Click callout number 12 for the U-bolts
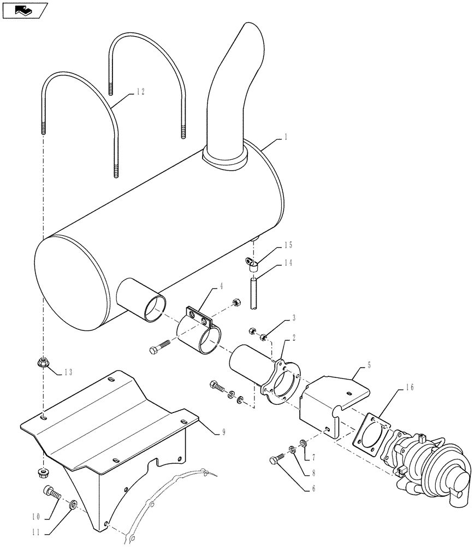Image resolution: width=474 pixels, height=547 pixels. click(x=140, y=93)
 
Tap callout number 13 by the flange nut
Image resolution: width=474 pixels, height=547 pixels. click(x=67, y=373)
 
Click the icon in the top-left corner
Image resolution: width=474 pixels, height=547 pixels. click(x=24, y=9)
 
